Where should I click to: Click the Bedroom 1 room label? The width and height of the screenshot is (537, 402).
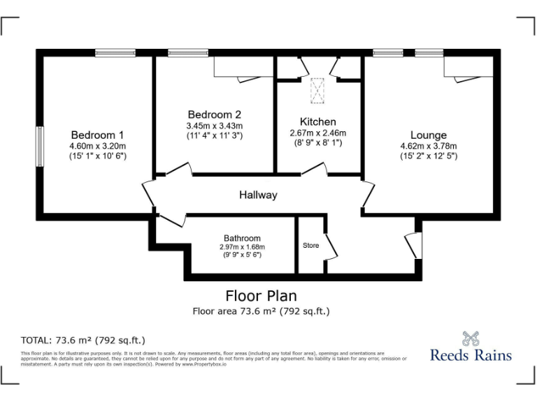pyautogui.click(x=97, y=135)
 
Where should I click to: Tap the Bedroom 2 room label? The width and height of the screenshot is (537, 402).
pyautogui.click(x=214, y=114)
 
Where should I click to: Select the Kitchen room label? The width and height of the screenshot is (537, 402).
pyautogui.click(x=317, y=121)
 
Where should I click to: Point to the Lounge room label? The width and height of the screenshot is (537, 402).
pyautogui.click(x=428, y=135)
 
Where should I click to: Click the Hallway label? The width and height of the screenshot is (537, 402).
pyautogui.click(x=258, y=195)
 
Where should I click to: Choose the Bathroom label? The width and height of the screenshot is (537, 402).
pyautogui.click(x=242, y=238)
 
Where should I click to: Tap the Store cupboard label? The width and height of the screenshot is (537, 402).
pyautogui.click(x=310, y=246)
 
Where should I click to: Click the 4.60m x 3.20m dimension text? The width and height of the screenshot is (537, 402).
pyautogui.click(x=97, y=147)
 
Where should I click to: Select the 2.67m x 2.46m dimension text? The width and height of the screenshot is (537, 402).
pyautogui.click(x=317, y=133)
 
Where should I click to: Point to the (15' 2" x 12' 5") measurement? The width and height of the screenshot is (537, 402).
pyautogui.click(x=428, y=156)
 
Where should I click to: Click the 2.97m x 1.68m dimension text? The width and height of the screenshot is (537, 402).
pyautogui.click(x=242, y=247)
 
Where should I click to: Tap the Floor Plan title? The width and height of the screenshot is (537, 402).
pyautogui.click(x=260, y=296)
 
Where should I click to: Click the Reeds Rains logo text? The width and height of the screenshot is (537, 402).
pyautogui.click(x=471, y=355)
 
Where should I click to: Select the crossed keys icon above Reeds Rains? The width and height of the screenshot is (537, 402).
pyautogui.click(x=471, y=338)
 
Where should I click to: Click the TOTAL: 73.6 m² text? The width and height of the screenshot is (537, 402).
pyautogui.click(x=83, y=341)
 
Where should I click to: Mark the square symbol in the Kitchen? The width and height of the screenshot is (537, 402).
pyautogui.click(x=318, y=89)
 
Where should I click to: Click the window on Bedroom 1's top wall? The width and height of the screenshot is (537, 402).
pyautogui.click(x=115, y=52)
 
